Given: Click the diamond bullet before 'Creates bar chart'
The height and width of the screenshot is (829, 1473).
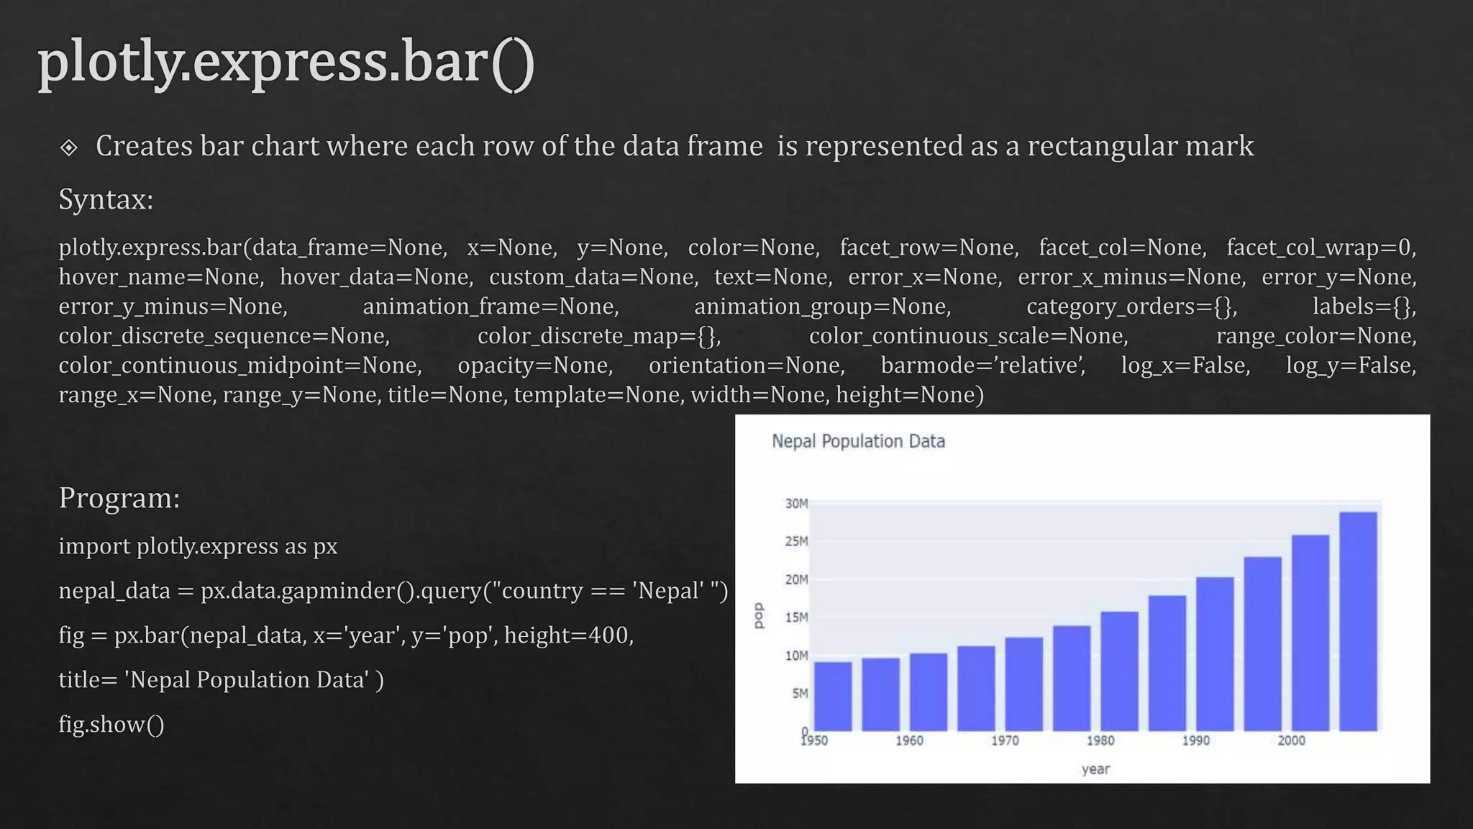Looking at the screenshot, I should point(69,148).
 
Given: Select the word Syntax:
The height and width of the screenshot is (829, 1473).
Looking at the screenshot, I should point(106,199).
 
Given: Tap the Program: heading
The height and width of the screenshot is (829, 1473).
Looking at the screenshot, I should point(119,498).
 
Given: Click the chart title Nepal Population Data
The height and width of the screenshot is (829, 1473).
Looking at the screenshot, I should point(858,441).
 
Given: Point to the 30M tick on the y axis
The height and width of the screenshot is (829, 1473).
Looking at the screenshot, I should point(796,504).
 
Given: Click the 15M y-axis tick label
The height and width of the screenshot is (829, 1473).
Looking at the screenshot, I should point(796,617).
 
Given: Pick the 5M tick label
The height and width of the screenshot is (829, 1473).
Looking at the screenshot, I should point(800,694).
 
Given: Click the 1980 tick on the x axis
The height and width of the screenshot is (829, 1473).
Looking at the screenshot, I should point(1100,740).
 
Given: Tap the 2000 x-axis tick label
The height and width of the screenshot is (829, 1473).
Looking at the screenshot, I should point(1291,740).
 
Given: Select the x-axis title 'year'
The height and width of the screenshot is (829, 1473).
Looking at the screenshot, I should point(1095,769).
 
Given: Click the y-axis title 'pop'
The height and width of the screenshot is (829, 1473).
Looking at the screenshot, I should point(758,615).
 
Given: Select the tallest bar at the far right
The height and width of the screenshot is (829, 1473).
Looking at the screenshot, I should point(1358,622).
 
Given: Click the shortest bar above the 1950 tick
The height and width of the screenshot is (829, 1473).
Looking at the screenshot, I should point(833,696).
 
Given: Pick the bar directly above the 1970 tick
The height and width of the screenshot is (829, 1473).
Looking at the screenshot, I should point(1023,684).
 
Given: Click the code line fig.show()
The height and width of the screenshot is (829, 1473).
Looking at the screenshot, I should point(111,725).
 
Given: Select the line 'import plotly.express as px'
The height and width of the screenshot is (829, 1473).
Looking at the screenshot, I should point(198,546).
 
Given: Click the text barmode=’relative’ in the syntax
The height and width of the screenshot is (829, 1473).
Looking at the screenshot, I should point(982,366).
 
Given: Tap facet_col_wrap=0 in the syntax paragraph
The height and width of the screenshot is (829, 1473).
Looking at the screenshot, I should point(1321,248).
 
